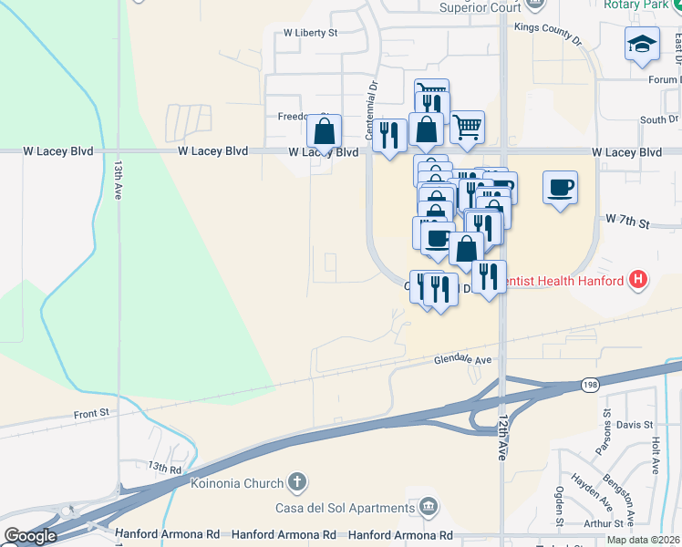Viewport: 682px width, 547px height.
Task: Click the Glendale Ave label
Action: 462,360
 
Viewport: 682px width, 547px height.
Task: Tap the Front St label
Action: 91,413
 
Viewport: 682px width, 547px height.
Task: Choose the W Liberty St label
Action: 310,32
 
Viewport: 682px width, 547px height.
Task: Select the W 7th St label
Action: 626,222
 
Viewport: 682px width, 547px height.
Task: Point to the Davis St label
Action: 635,425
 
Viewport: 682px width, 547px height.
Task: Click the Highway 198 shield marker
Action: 590,386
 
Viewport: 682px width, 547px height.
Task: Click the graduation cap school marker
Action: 642,43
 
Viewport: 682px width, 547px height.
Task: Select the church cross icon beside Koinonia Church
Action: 295,482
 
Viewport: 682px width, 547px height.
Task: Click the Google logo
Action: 30,536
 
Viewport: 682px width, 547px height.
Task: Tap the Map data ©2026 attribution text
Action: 643,540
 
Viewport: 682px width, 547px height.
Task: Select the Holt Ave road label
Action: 655,454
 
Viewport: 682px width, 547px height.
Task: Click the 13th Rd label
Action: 165,466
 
